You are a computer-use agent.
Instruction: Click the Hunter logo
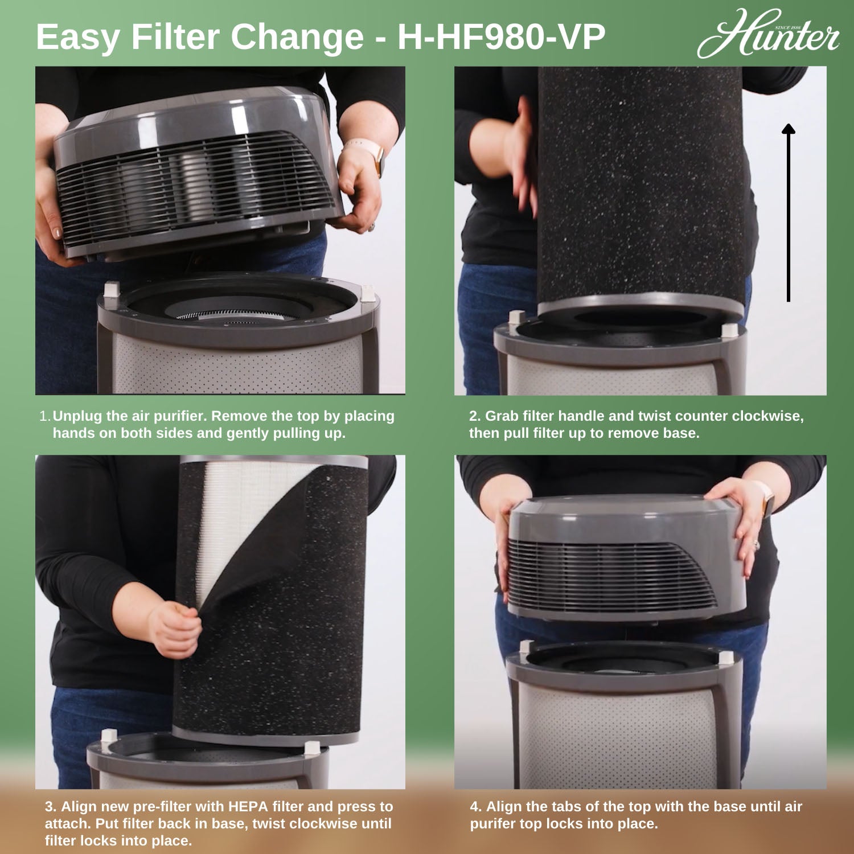(768, 34)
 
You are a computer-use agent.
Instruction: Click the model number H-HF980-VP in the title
(501, 38)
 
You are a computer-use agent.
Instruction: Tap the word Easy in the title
(79, 38)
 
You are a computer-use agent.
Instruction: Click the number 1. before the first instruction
(45, 416)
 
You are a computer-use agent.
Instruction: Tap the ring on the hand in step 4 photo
(757, 544)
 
